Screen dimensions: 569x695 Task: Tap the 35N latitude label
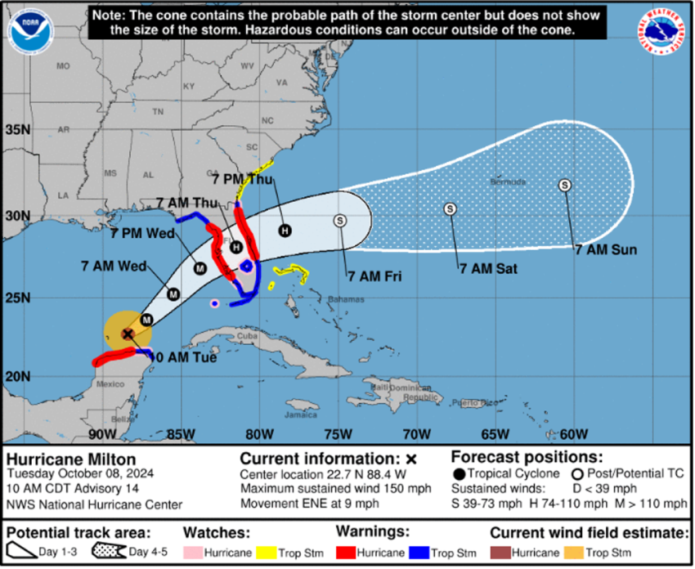click(18, 130)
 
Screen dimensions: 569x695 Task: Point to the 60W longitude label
click(574, 433)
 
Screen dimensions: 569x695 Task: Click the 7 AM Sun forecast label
click(606, 249)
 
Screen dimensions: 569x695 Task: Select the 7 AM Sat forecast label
click(488, 268)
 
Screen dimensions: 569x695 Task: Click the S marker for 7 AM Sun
click(565, 185)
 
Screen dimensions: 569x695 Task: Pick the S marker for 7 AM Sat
click(450, 209)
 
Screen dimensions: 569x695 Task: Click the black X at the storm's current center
click(128, 334)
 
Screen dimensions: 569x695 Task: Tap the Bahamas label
click(347, 300)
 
